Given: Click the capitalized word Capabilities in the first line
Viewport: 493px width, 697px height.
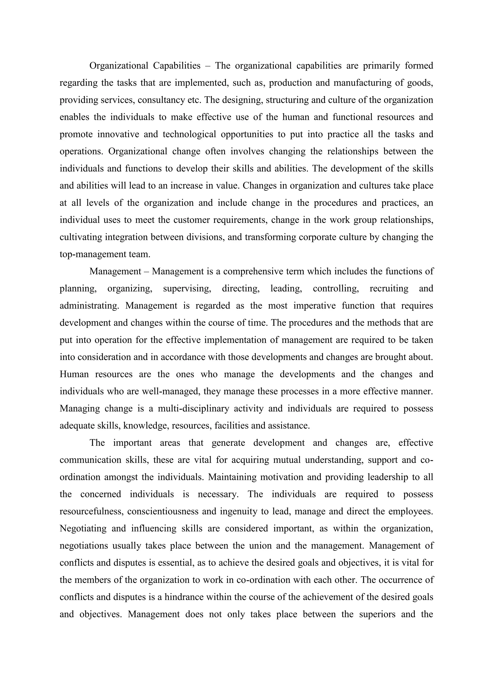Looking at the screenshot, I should point(177,65).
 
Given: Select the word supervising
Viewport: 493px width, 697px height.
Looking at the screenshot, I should point(187,288).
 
